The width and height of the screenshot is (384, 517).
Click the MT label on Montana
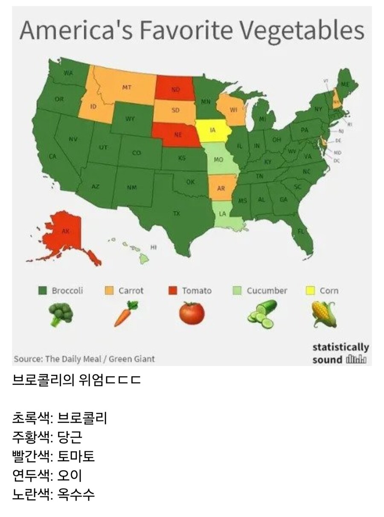tap(127, 87)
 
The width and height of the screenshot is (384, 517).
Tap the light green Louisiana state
tap(224, 215)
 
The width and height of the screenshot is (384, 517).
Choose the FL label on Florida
tap(301, 231)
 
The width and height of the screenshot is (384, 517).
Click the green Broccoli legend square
tap(42, 291)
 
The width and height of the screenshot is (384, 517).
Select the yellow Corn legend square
tap(311, 291)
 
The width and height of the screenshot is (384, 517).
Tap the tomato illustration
tap(192, 313)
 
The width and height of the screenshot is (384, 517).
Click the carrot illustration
tap(126, 313)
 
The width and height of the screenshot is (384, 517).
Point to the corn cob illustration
tap(324, 314)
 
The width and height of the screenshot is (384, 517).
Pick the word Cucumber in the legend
tap(267, 291)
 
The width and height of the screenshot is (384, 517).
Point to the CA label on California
tap(52, 157)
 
